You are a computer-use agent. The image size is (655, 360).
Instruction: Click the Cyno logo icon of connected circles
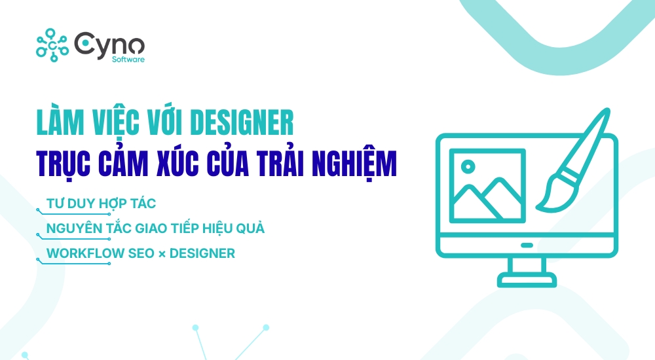[52, 44]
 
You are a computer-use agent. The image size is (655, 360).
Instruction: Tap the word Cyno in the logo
[109, 43]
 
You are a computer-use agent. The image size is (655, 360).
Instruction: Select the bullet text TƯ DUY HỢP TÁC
[101, 204]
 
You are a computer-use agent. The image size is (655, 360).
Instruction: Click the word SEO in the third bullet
[138, 253]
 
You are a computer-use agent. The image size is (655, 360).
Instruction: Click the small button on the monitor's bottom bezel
[527, 245]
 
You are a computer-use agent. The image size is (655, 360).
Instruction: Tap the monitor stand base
[527, 282]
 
